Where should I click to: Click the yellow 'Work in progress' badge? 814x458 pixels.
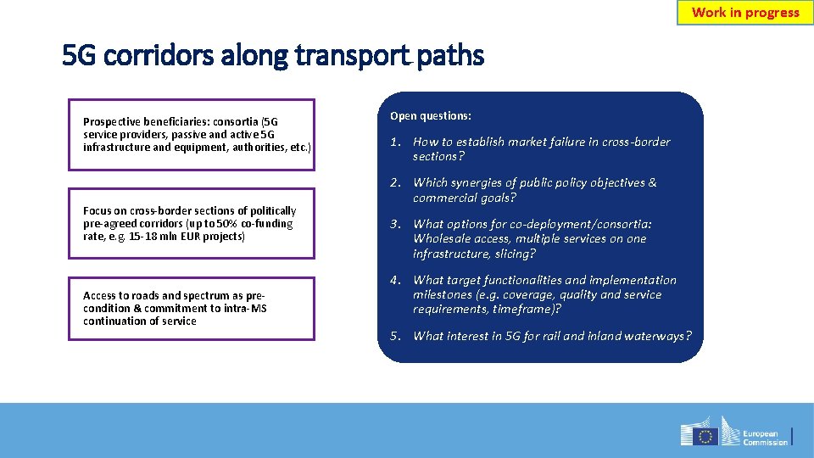pyautogui.click(x=745, y=13)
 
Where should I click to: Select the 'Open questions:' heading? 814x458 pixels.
pyautogui.click(x=431, y=115)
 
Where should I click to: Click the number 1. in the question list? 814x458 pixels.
pyautogui.click(x=395, y=142)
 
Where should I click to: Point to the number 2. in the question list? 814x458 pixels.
pyautogui.click(x=395, y=182)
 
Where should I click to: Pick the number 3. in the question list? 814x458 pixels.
pyautogui.click(x=395, y=224)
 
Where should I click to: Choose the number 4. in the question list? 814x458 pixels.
pyautogui.click(x=395, y=280)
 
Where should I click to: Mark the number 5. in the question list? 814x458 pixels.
pyautogui.click(x=395, y=336)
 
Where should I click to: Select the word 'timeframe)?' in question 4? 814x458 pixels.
pyautogui.click(x=527, y=309)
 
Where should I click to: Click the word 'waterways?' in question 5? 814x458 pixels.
pyautogui.click(x=657, y=336)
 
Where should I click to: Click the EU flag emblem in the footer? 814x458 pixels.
pyautogui.click(x=705, y=436)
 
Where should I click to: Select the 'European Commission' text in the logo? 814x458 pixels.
pyautogui.click(x=765, y=436)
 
